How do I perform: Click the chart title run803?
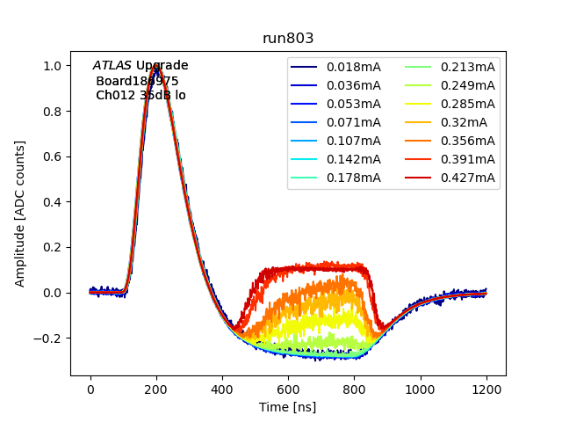tap(288, 39)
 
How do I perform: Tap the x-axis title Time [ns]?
tap(287, 407)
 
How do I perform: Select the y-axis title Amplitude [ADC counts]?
tap(20, 213)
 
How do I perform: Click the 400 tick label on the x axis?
tap(222, 390)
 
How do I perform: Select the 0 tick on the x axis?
tap(90, 390)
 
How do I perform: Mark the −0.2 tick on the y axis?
tap(51, 338)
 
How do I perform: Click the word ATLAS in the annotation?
tap(112, 66)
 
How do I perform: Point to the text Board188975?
tap(137, 81)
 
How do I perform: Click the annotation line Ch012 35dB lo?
tap(140, 95)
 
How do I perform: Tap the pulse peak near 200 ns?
tap(156, 66)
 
